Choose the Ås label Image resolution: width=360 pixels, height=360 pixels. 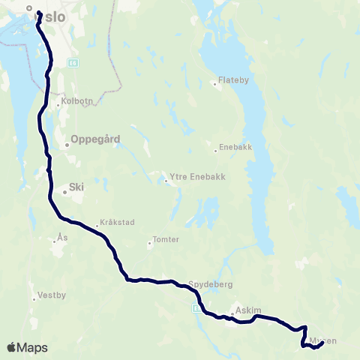(x=63, y=236)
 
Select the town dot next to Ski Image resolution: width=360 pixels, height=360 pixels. (x=64, y=192)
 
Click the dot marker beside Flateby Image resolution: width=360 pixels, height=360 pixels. (x=215, y=84)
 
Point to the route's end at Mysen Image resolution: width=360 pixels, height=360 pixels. (x=322, y=343)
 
